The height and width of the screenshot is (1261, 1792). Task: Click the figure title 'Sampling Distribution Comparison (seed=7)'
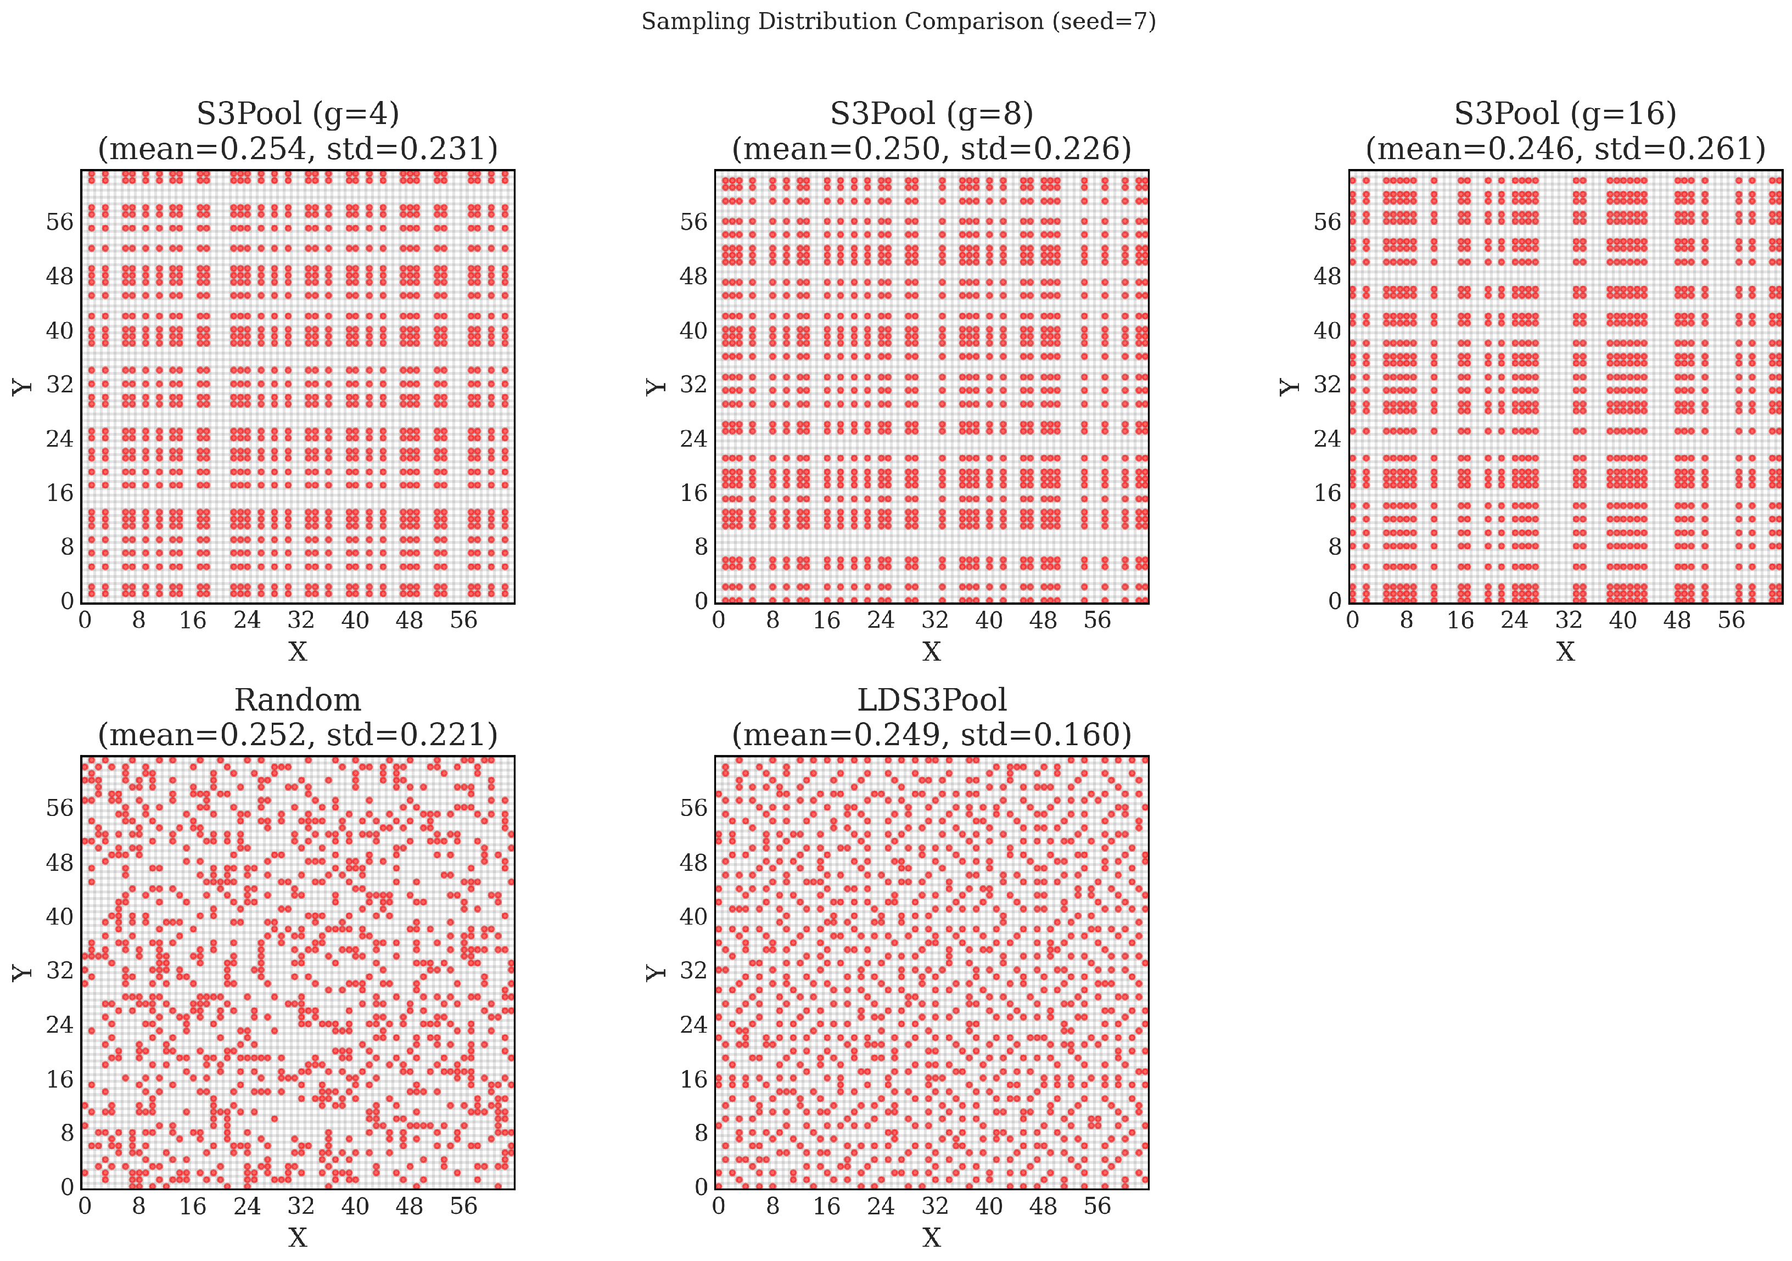click(x=898, y=21)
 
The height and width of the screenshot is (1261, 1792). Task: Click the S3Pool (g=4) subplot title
click(x=298, y=114)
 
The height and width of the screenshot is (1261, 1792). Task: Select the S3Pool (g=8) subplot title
click(x=931, y=114)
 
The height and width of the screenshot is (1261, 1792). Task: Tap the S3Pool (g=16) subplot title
click(x=1565, y=114)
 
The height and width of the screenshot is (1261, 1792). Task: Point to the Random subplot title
click(x=298, y=700)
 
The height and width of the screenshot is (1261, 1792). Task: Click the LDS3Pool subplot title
click(x=931, y=700)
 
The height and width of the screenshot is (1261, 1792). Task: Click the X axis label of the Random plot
click(x=298, y=1237)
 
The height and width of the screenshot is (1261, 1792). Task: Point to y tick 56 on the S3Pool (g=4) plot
click(x=59, y=222)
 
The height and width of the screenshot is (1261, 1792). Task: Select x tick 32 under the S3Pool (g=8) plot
click(x=934, y=621)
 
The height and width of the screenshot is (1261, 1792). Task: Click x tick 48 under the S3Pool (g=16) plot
click(x=1677, y=621)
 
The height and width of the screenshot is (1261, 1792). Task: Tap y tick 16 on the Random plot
click(x=59, y=1079)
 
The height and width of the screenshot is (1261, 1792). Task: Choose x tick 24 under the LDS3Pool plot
click(x=881, y=1206)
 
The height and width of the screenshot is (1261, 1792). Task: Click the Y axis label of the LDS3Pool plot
click(x=656, y=972)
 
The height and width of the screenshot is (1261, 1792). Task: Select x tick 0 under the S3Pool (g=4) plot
click(x=85, y=621)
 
